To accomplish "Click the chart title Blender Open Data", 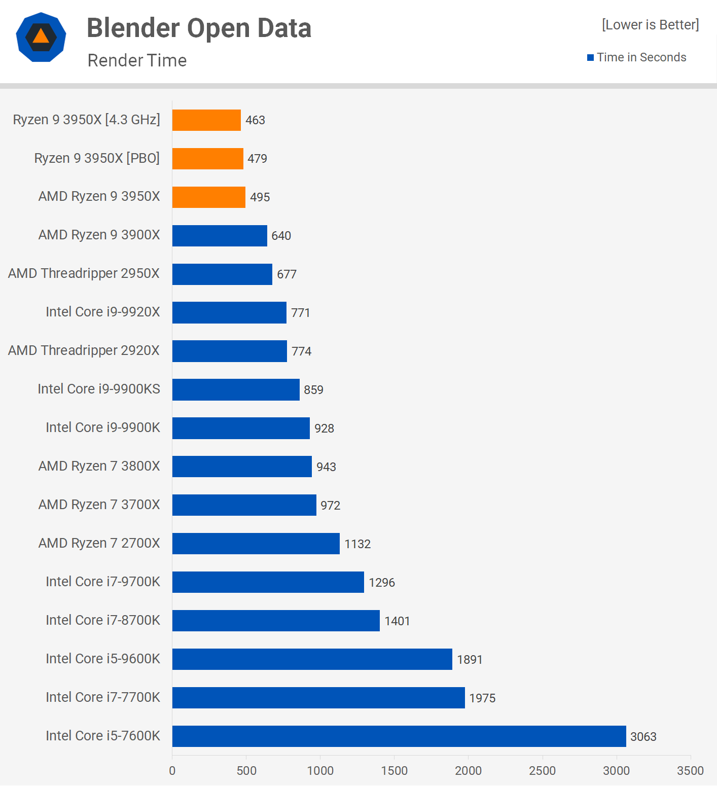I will click(x=199, y=28).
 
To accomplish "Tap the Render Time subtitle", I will click(x=137, y=60).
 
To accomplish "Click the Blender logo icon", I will click(x=41, y=37).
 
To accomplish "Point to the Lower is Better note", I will click(x=650, y=25).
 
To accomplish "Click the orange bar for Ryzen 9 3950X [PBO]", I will click(x=208, y=159).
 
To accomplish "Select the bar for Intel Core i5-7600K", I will click(x=399, y=736).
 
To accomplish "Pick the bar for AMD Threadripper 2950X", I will click(x=222, y=274).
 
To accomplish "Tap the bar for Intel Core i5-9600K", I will click(x=312, y=659).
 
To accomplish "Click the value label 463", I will click(x=255, y=120).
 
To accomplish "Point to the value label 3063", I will click(x=643, y=737).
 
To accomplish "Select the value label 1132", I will click(x=357, y=544).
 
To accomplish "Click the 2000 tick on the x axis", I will click(x=468, y=771).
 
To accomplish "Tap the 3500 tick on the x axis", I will click(x=690, y=771).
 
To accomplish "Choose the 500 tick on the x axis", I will click(x=246, y=771).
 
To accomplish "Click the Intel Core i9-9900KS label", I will click(x=99, y=389).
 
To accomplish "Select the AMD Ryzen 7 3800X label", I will click(x=99, y=466).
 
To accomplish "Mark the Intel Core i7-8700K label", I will click(x=103, y=620).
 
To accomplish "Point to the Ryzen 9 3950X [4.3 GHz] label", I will click(x=87, y=120).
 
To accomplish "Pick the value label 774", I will click(x=301, y=351).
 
